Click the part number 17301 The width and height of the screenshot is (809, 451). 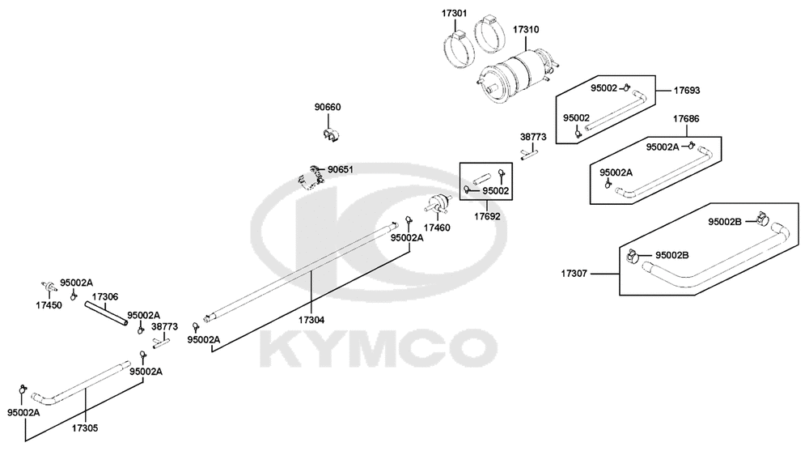click(455, 12)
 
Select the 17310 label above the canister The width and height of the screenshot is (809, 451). click(526, 29)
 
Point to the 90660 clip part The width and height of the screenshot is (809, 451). click(331, 134)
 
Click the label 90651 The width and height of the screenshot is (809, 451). click(341, 169)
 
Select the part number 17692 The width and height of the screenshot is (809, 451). click(487, 216)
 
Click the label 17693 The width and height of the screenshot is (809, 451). click(687, 91)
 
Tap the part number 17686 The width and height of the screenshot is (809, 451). click(686, 119)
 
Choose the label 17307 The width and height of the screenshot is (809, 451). click(574, 274)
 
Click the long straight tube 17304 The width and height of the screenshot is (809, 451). click(303, 272)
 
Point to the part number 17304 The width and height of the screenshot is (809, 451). click(311, 320)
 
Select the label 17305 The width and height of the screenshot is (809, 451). click(85, 428)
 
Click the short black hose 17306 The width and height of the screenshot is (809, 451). click(107, 313)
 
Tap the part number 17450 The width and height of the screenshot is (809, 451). click(49, 305)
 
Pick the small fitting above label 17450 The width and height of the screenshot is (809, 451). click(49, 287)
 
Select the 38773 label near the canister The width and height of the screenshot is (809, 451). click(533, 138)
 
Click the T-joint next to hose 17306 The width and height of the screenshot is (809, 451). click(161, 342)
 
